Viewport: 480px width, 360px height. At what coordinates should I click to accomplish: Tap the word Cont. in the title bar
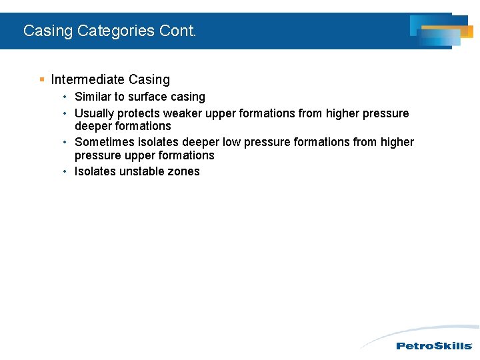coord(178,31)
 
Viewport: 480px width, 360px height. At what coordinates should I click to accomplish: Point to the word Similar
coord(93,97)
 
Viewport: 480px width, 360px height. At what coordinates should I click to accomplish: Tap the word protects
coord(139,113)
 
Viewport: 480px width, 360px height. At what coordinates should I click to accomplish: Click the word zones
coord(184,171)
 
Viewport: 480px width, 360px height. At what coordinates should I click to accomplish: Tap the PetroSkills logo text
coord(434,346)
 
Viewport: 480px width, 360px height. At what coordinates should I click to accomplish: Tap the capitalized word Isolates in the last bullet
coord(95,171)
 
